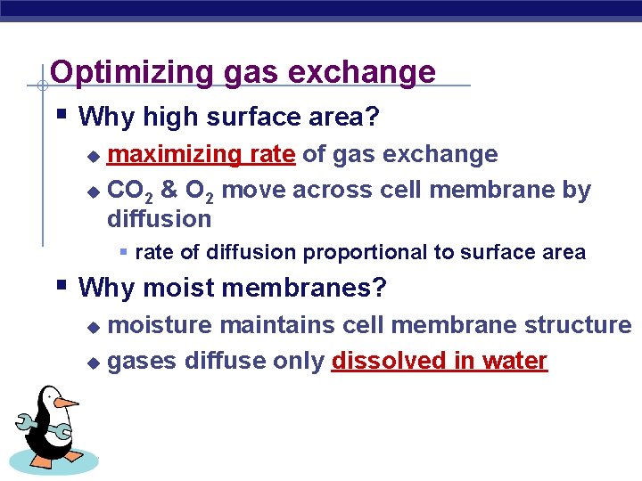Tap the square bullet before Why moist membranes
[61, 286]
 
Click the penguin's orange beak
[66, 402]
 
